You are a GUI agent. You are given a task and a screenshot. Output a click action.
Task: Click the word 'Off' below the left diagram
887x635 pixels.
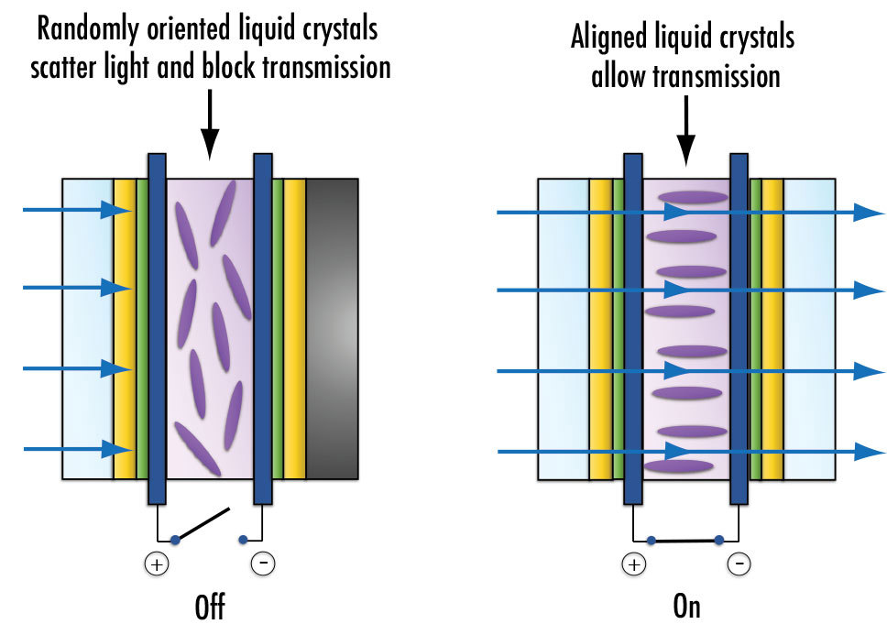tap(210, 608)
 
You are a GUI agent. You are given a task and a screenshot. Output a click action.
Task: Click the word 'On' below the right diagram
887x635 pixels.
tap(685, 608)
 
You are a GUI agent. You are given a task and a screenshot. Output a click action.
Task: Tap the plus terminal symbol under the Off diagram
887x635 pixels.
tap(157, 564)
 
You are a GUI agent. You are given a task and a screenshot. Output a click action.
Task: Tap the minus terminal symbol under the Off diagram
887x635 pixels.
tap(263, 564)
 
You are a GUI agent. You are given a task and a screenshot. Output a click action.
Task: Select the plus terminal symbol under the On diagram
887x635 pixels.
tap(633, 564)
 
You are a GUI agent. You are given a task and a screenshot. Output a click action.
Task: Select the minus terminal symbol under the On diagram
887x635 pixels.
tap(739, 564)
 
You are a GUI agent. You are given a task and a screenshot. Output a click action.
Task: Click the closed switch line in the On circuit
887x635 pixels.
tap(684, 540)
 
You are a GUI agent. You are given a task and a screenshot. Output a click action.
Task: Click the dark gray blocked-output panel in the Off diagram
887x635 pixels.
tap(331, 329)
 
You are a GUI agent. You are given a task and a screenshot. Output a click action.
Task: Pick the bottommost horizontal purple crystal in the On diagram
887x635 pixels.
tap(678, 466)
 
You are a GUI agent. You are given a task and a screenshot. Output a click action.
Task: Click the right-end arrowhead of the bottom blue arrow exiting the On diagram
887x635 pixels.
tap(868, 452)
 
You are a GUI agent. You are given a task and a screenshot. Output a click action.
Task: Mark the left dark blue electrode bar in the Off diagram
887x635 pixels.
tap(157, 329)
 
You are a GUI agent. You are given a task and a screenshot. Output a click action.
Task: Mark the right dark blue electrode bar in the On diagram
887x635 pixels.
tap(739, 329)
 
